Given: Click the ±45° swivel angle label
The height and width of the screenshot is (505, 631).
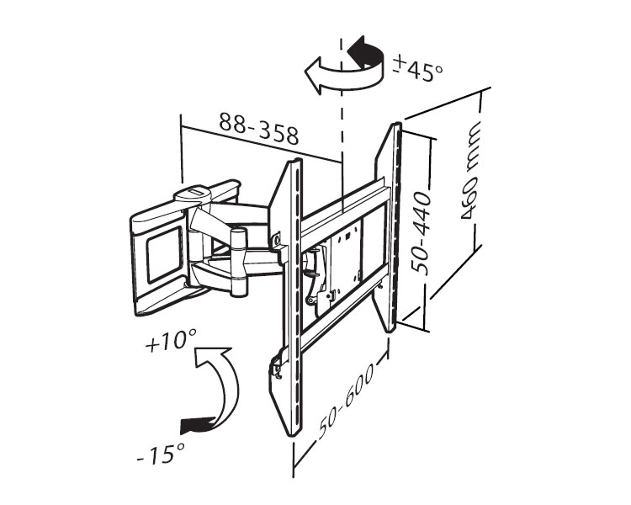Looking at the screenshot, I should click(x=417, y=70).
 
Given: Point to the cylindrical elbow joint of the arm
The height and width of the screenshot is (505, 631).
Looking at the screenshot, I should click(x=240, y=261).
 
